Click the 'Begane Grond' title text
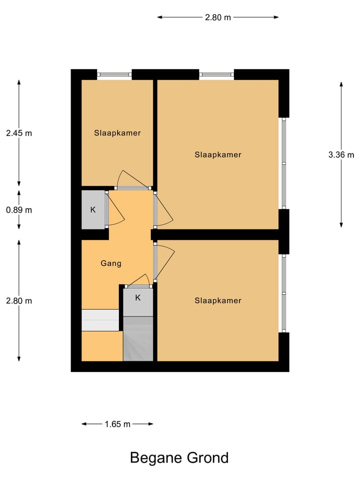pos(179,457)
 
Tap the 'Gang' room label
pos(111,263)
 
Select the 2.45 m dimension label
pos(18,133)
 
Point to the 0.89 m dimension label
pos(18,210)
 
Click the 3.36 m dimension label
pos(341,154)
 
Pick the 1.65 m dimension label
pos(117,424)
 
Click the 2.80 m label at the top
pos(218,17)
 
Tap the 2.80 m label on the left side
pos(18,300)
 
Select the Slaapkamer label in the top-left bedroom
pos(117,133)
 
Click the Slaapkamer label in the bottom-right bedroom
pos(218,300)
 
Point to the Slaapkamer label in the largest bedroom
pos(218,154)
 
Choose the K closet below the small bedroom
pos(93,210)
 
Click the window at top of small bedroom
pos(114,74)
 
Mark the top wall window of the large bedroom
pos(216,74)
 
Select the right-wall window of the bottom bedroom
pos(283,293)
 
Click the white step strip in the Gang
pos(100,320)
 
